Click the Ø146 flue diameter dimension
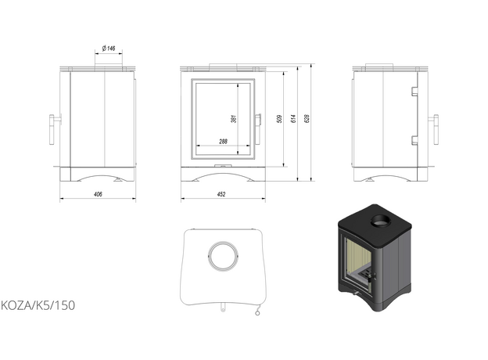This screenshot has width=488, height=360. click(x=109, y=49)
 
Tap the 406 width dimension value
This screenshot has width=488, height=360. click(x=98, y=194)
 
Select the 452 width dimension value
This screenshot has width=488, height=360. click(x=221, y=194)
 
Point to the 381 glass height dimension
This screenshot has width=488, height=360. click(x=234, y=119)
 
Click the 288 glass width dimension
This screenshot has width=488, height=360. click(x=223, y=142)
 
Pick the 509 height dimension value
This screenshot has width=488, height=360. click(x=279, y=119)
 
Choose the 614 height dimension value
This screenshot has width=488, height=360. click(x=293, y=119)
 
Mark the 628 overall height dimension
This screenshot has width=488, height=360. click(x=307, y=119)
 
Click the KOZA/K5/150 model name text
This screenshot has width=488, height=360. click(x=38, y=305)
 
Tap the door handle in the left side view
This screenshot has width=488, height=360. click(x=53, y=129)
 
